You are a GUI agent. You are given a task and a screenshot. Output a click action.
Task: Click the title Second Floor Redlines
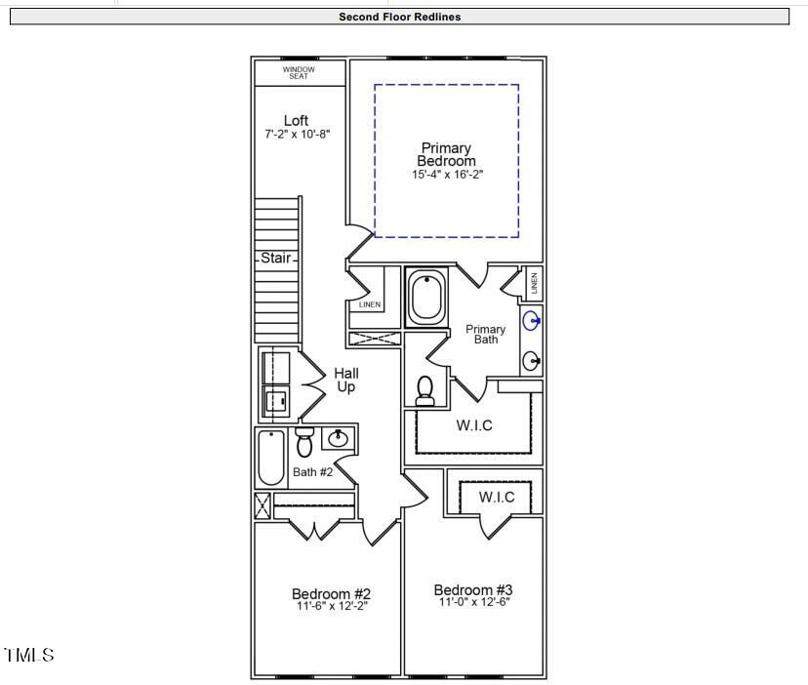tap(399, 17)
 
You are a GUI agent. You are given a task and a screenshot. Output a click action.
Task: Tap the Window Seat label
tap(298, 73)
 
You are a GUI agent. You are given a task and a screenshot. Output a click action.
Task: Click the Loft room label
tap(297, 121)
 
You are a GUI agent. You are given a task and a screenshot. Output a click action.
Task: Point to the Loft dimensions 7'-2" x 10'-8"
tap(298, 134)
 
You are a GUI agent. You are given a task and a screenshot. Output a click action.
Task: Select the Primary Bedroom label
tap(446, 155)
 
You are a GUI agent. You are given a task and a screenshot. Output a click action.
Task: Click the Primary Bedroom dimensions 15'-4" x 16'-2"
tap(447, 174)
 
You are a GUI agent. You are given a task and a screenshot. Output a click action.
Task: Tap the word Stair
tap(276, 259)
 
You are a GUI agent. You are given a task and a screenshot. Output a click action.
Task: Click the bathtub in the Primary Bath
tap(426, 298)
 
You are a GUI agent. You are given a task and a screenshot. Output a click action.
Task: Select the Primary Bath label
tap(485, 335)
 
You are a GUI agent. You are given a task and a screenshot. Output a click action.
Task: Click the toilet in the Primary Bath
tap(425, 390)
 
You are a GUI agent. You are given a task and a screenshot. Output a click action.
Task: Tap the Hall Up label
tap(346, 380)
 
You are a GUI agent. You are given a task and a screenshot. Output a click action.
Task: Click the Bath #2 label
tap(313, 472)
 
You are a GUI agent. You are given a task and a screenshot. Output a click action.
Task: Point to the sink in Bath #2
tap(339, 438)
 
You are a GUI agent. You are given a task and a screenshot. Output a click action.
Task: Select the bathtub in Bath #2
tap(271, 458)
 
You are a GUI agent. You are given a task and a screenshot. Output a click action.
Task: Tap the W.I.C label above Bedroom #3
tap(497, 498)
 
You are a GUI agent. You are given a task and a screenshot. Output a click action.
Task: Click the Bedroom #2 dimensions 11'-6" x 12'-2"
tap(331, 606)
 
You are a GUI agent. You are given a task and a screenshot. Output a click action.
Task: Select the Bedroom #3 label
tap(473, 589)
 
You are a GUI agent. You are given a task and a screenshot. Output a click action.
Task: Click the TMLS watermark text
tap(29, 655)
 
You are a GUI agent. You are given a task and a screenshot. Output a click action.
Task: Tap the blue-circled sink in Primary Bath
tap(532, 320)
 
